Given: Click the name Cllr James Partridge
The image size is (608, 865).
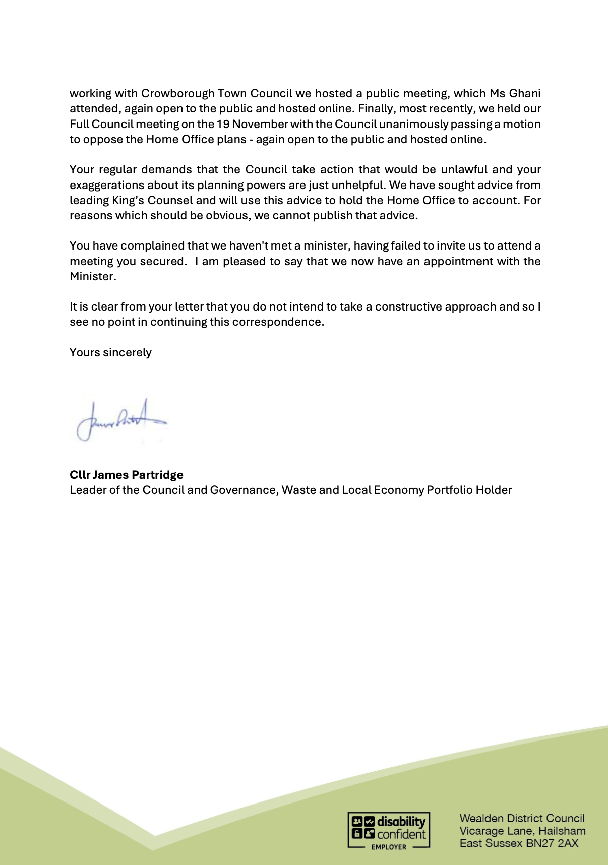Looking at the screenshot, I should coord(127,475).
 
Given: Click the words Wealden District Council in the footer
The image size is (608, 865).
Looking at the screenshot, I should coord(522,818).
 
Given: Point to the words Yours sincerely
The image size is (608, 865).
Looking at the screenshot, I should coord(110,352).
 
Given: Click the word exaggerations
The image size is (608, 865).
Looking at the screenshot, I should coord(106,185).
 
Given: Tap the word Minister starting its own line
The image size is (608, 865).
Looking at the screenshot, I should coord(92,276).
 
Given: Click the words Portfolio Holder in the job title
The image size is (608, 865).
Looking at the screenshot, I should coord(469,490).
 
